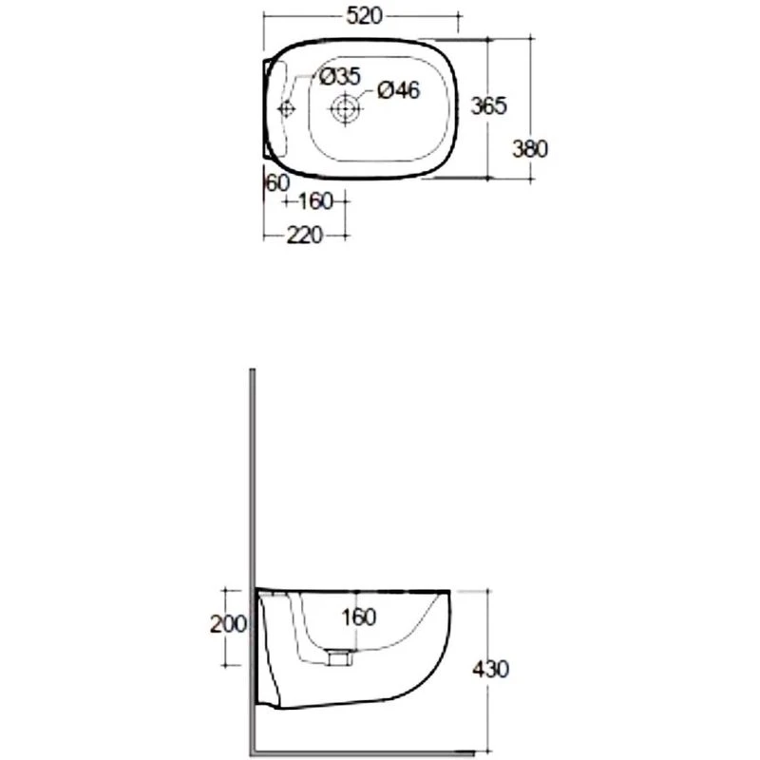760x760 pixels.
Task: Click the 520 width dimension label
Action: [x=364, y=16]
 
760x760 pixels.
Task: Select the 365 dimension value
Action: [x=488, y=105]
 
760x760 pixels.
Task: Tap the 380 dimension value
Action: [x=530, y=149]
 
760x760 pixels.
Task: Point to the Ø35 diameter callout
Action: [x=340, y=77]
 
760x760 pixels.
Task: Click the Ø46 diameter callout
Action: [x=398, y=90]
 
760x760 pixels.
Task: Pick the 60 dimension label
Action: [x=277, y=182]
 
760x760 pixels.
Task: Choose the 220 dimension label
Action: [x=304, y=236]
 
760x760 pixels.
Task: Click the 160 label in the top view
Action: [x=315, y=201]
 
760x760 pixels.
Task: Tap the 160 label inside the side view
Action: [x=359, y=617]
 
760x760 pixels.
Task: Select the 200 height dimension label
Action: [x=228, y=624]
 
